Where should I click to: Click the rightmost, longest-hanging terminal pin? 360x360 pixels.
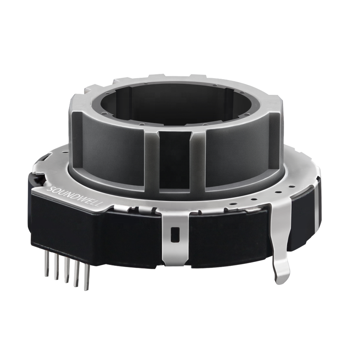pyautogui.click(x=86, y=277)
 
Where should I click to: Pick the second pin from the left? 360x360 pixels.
pyautogui.click(x=56, y=268)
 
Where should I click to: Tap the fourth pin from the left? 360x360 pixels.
pyautogui.click(x=76, y=274)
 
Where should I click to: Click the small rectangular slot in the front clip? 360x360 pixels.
pyautogui.click(x=175, y=235)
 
